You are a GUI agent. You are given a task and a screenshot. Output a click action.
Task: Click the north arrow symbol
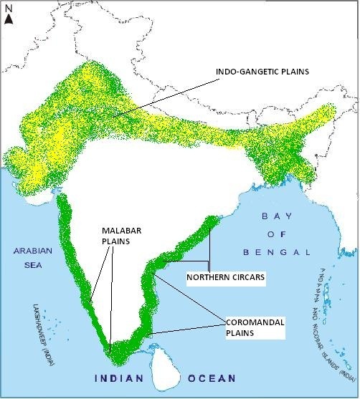coord(8,19)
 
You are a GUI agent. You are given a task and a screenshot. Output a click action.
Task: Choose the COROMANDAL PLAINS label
coord(255,328)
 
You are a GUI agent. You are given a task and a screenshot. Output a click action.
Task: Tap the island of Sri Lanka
coord(164,366)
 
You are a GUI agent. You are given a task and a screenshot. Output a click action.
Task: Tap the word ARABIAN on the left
coord(27,251)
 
